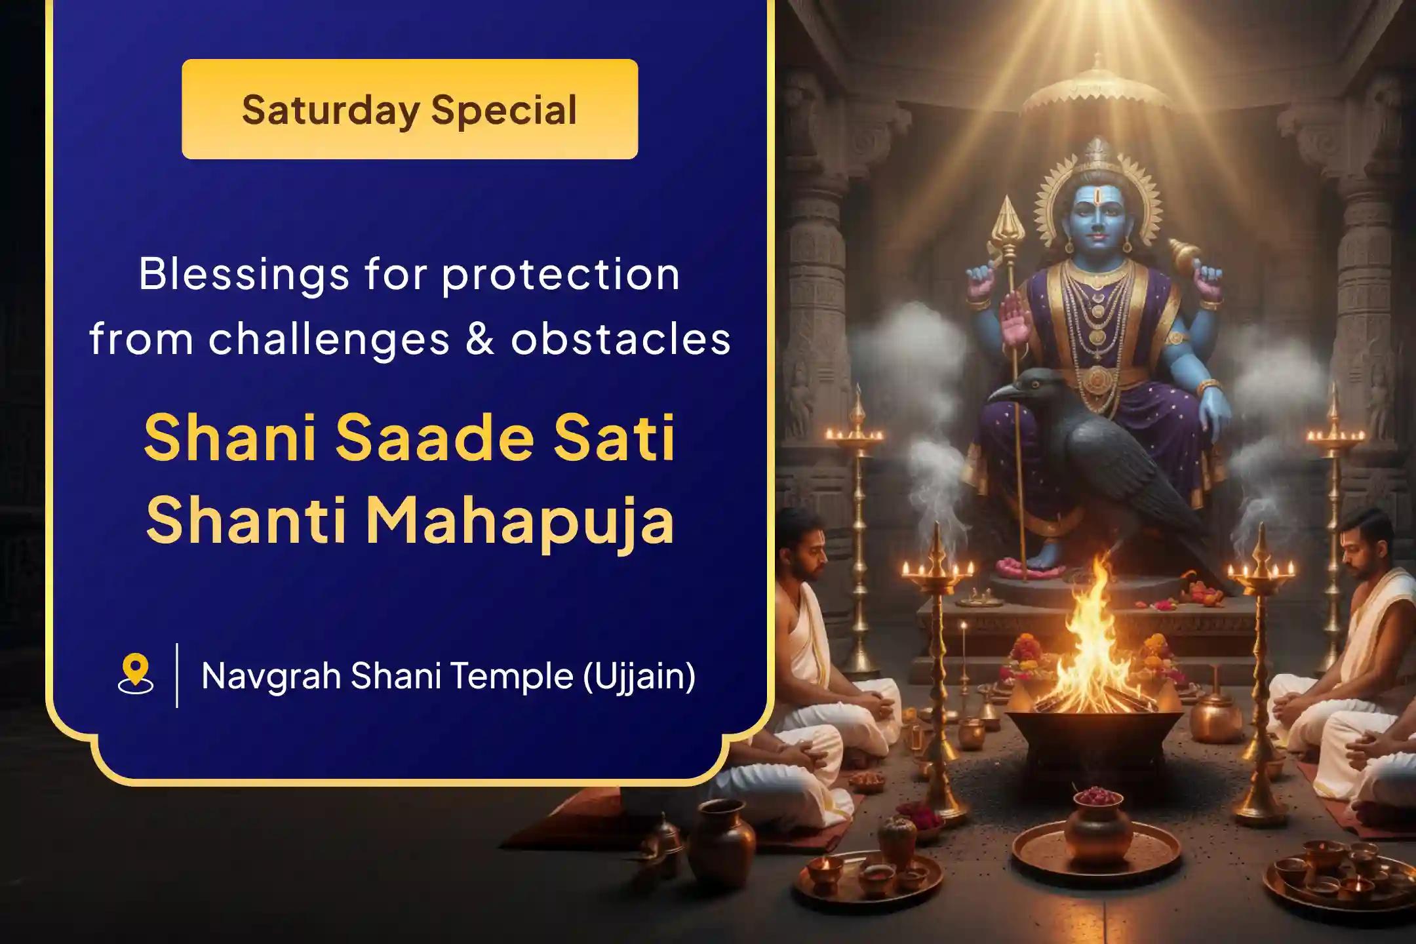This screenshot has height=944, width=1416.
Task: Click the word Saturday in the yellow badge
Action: pos(330,110)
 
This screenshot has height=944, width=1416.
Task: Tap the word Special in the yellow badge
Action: pos(503,110)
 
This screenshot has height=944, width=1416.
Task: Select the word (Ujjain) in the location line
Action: pos(639,675)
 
